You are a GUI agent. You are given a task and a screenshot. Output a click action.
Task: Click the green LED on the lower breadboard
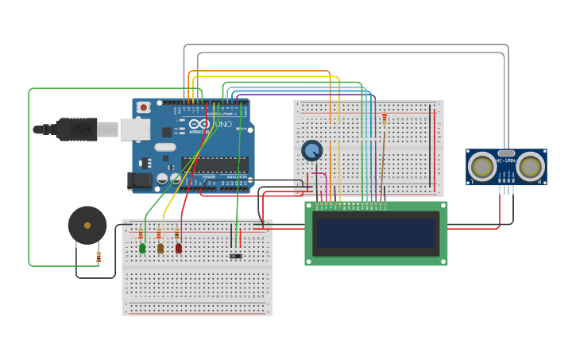[142, 248]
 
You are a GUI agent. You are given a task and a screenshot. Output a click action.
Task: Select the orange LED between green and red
[160, 248]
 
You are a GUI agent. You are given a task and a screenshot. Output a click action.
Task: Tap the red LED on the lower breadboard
[178, 248]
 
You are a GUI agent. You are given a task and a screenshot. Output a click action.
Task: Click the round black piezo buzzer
[87, 225]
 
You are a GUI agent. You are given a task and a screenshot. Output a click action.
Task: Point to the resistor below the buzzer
[99, 257]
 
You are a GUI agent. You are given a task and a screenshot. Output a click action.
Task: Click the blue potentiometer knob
[311, 150]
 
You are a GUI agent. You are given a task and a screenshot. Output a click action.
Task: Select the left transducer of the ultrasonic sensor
[481, 166]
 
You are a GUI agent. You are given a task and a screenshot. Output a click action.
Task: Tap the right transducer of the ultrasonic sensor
[530, 166]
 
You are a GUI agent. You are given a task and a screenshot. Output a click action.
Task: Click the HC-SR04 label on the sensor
[506, 161]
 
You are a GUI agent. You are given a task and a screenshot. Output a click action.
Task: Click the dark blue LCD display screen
[376, 233]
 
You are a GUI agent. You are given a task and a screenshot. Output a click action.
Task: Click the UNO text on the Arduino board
[224, 125]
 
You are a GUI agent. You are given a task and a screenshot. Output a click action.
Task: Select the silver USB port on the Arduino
[135, 129]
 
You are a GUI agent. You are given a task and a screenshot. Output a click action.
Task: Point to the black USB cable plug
[76, 129]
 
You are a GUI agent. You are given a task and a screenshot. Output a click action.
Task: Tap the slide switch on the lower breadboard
[235, 256]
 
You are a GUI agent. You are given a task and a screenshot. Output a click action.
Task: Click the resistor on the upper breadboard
[385, 119]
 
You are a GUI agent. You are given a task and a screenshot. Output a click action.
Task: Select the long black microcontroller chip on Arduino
[214, 164]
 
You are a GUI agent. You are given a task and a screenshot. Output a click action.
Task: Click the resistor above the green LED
[141, 234]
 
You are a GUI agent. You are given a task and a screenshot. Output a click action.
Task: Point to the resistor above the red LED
[176, 234]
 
